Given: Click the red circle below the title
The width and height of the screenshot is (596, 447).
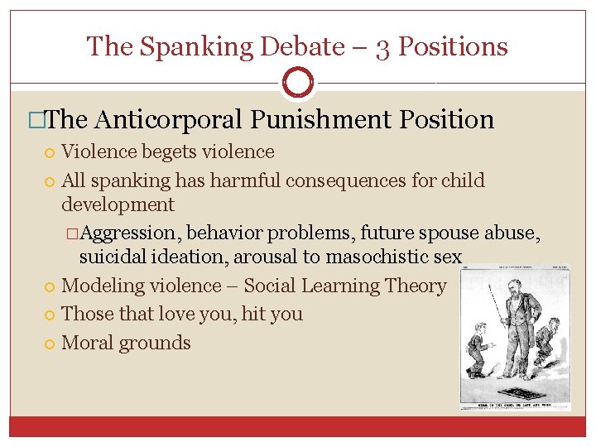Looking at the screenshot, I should point(298,83).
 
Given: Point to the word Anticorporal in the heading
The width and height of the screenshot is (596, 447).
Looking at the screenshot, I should point(171,120).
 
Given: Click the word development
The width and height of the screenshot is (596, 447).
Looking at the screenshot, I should point(118,204).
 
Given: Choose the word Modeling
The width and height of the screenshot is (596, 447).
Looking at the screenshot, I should point(100,286).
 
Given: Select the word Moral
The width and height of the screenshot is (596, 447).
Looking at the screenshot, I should point(89,343).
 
